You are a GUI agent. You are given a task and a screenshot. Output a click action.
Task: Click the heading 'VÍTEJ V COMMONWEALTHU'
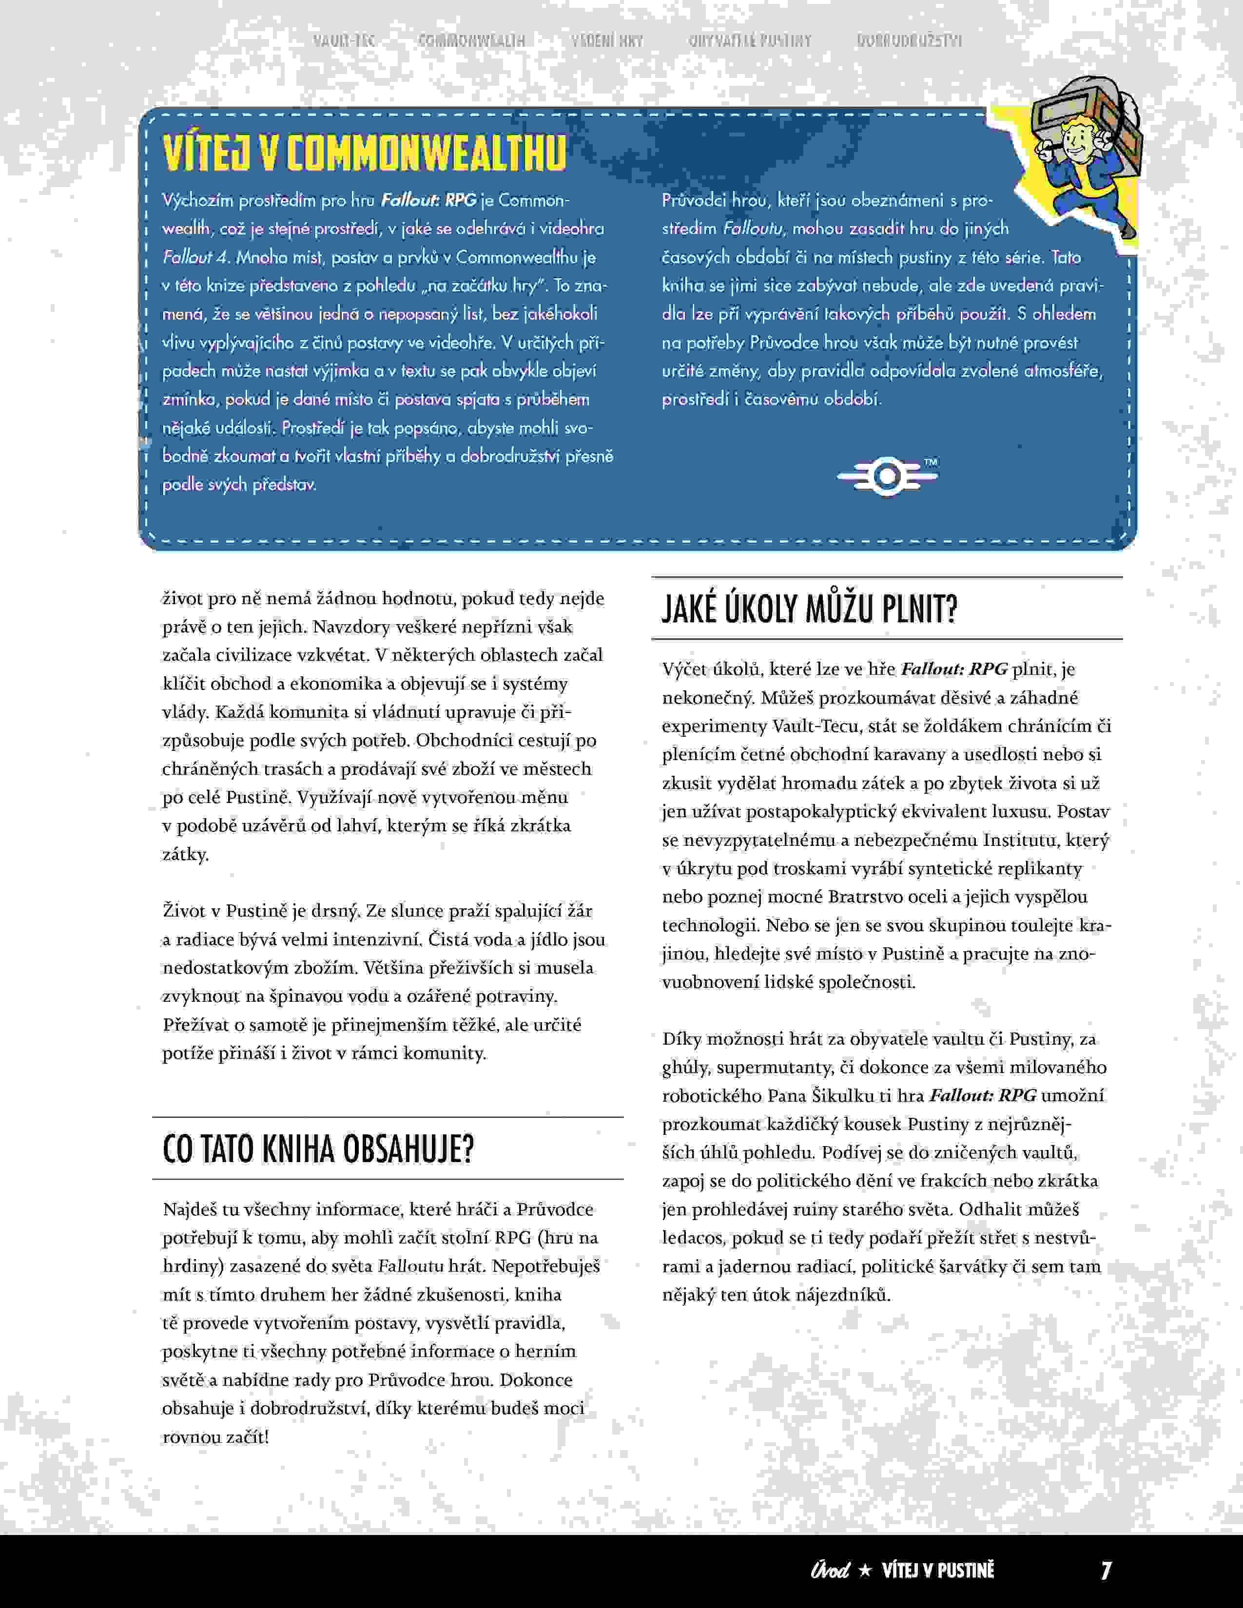[x=365, y=153]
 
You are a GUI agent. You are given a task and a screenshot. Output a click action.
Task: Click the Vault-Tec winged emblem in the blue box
[x=887, y=477]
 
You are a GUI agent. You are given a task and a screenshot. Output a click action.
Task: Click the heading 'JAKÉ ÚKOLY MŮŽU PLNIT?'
[x=809, y=610]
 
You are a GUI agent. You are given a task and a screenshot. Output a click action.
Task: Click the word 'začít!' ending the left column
[x=245, y=1436]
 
